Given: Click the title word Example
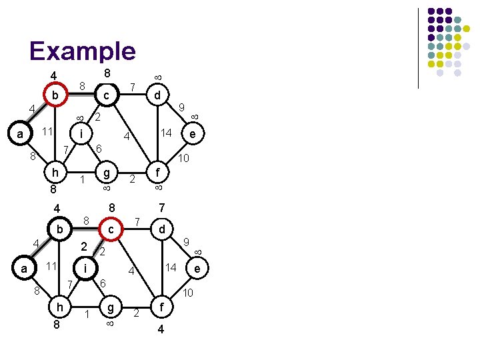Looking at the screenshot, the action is click(82, 51).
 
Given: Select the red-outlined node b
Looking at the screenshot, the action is click(56, 96).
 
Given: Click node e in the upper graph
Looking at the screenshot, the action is click(192, 135).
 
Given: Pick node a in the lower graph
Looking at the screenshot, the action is click(24, 269).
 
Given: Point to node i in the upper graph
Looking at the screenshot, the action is click(81, 134).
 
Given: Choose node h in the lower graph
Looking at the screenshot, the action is click(60, 308).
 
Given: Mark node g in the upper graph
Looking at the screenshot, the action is click(105, 173).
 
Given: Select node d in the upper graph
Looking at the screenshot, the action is click(157, 96).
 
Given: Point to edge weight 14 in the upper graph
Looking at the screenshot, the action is click(167, 133).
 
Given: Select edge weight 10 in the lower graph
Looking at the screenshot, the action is click(188, 293).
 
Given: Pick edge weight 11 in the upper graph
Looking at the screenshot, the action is click(48, 131).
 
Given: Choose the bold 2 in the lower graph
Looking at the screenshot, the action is click(84, 247).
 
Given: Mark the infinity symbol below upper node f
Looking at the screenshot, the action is click(159, 189).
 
